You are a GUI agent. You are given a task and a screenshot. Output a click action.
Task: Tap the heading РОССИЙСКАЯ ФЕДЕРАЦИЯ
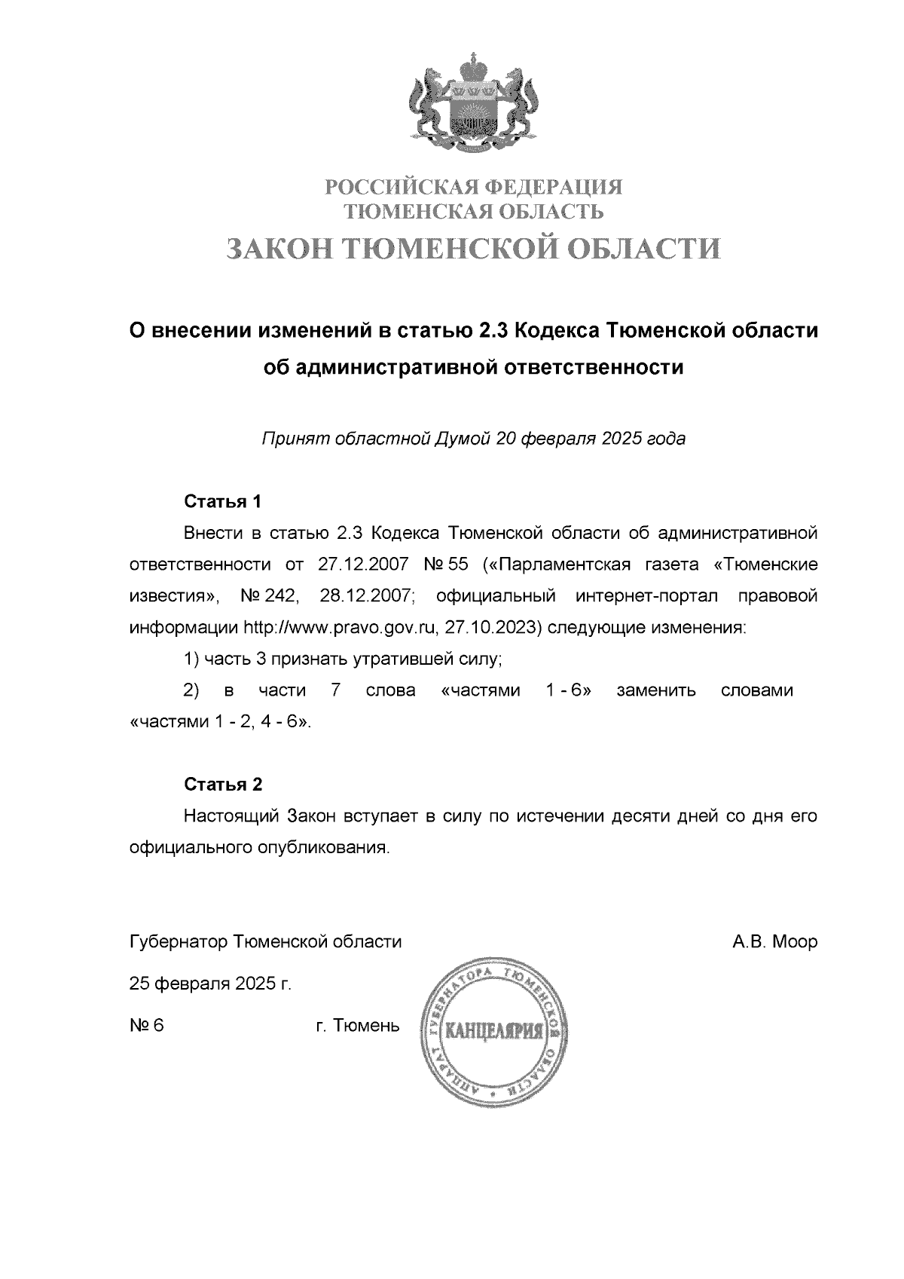pos(474,186)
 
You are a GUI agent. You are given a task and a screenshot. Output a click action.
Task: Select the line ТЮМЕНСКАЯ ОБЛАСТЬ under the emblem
pos(474,211)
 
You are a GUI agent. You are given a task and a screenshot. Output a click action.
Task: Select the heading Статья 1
pos(223,502)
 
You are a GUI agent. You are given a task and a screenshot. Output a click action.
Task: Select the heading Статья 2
pos(223,784)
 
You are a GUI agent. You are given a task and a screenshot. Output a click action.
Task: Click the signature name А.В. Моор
pos(774,942)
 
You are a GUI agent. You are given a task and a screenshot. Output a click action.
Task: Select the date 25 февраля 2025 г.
pos(210,984)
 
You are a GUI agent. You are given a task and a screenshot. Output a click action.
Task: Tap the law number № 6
pos(146,1026)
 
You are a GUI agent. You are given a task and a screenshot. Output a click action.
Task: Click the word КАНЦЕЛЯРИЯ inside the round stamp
pos(495,1030)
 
